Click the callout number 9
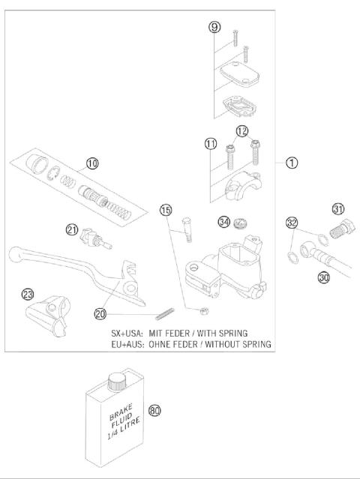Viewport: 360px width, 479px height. [x=214, y=28]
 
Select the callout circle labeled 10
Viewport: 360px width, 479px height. [x=91, y=163]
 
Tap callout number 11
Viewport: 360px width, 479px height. [x=211, y=143]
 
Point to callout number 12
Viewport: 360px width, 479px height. [x=241, y=131]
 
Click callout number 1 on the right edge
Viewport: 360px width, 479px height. [x=292, y=162]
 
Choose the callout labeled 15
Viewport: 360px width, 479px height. [x=166, y=209]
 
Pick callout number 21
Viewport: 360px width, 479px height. [x=72, y=230]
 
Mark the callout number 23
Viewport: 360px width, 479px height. [x=28, y=294]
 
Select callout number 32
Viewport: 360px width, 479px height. [x=291, y=222]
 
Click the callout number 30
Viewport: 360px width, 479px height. [x=324, y=277]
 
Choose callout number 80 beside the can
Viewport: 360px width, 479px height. [x=155, y=410]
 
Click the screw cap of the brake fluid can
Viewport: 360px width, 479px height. [x=115, y=382]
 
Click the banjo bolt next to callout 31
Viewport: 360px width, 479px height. [x=341, y=227]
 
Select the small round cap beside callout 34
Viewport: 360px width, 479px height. [x=241, y=222]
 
